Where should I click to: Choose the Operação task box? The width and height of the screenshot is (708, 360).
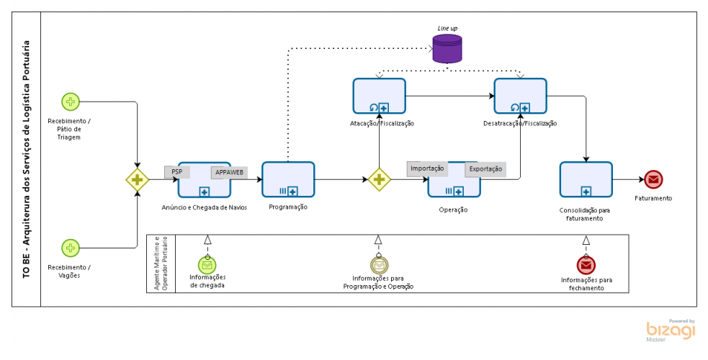click(x=454, y=184)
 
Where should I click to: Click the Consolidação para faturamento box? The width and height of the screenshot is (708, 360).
click(x=586, y=180)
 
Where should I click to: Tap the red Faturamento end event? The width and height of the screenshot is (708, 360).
click(x=653, y=180)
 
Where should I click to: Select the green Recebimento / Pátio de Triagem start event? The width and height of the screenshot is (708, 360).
click(x=71, y=102)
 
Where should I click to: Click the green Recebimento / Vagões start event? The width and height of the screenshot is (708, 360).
click(x=71, y=248)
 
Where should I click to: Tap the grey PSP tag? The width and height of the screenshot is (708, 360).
click(x=177, y=172)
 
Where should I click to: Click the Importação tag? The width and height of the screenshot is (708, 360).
click(x=427, y=168)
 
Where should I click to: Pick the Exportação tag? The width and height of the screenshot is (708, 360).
click(x=485, y=170)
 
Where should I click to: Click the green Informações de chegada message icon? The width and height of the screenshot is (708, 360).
click(x=207, y=265)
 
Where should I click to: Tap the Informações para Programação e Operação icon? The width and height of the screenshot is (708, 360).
click(x=379, y=265)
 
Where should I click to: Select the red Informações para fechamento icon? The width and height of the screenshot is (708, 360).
click(x=586, y=266)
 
